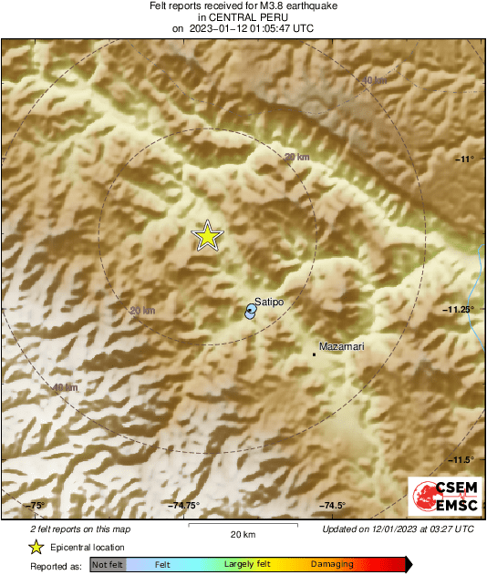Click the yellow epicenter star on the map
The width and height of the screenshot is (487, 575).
tap(208, 236)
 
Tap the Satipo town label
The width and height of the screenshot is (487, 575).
tap(268, 300)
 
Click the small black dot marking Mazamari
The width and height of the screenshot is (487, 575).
tap(315, 354)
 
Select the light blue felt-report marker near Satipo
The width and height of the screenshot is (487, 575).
tap(250, 312)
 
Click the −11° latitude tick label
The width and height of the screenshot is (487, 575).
tap(465, 159)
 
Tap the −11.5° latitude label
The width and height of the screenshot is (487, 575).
tap(462, 459)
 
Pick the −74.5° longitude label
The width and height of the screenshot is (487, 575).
tap(332, 506)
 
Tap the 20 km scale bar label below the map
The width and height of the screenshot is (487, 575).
tap(242, 533)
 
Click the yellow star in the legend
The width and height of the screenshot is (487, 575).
tap(36, 548)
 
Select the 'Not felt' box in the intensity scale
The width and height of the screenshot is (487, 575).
tap(107, 565)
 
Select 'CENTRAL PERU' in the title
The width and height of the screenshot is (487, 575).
tap(243, 17)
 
